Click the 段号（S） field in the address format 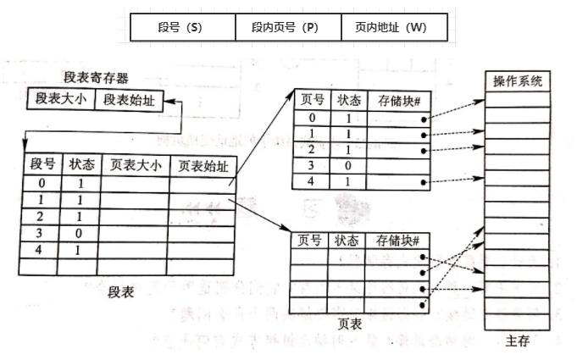[x=182, y=27]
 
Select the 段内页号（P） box [x=288, y=27]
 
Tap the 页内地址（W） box [x=395, y=27]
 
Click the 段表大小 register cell [x=60, y=100]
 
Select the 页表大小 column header [x=135, y=164]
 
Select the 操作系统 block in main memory [x=517, y=82]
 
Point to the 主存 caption [x=517, y=341]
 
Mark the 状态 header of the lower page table [x=347, y=241]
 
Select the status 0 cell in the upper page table [x=347, y=165]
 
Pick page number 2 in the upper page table [x=312, y=149]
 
